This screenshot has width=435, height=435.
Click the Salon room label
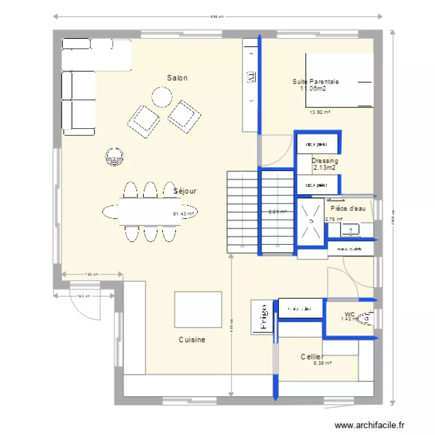pyautogui.click(x=177, y=78)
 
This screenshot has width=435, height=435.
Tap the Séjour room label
pyautogui.click(x=185, y=190)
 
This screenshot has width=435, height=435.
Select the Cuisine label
pyautogui.click(x=191, y=340)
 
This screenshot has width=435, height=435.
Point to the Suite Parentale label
pyautogui.click(x=316, y=82)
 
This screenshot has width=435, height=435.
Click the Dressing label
pyautogui.click(x=325, y=161)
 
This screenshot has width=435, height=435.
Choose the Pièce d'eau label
pyautogui.click(x=348, y=208)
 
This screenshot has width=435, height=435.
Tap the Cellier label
pyautogui.click(x=312, y=356)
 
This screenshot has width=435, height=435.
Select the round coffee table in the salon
pyautogui.click(x=161, y=97)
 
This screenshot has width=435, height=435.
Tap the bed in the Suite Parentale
pyautogui.click(x=339, y=80)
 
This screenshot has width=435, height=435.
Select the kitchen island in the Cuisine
pyautogui.click(x=198, y=310)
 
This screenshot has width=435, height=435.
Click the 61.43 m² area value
pyautogui.click(x=184, y=213)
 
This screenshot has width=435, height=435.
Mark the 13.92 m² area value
pyautogui.click(x=320, y=113)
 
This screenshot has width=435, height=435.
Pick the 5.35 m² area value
pyautogui.click(x=322, y=364)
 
